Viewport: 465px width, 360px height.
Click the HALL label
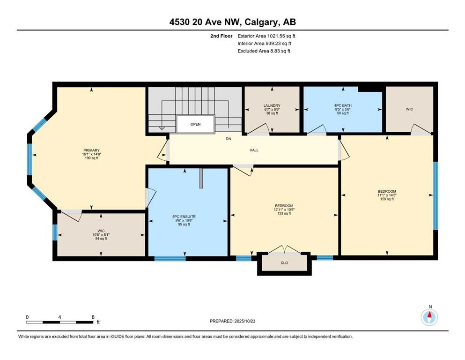253,150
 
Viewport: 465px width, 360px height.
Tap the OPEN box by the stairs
195,125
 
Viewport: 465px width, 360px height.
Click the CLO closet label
284,263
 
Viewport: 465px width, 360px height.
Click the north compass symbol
429,317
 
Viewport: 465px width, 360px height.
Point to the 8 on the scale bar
93,317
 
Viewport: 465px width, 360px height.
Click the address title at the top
232,22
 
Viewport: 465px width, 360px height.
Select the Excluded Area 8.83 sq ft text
264,51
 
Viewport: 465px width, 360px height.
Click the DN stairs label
228,139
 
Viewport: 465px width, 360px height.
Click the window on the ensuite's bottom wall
170,258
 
